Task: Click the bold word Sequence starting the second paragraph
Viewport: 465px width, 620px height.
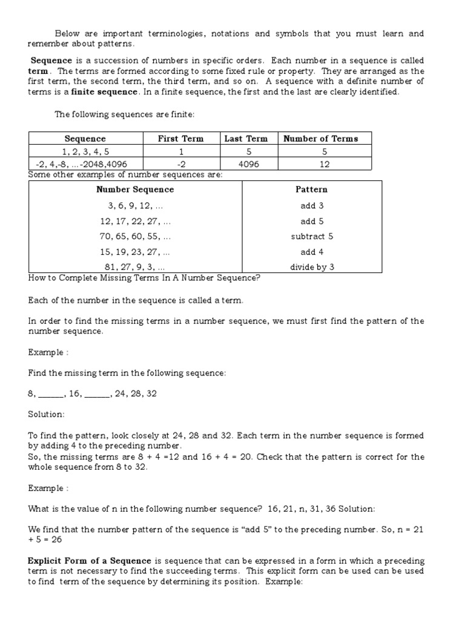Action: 51,61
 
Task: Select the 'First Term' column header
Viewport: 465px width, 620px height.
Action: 180,139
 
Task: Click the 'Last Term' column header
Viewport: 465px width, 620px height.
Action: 246,139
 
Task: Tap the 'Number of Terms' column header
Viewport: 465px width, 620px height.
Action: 321,139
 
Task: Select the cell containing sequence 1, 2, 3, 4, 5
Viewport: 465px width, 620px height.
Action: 85,151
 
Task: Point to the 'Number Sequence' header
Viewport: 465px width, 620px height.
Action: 135,190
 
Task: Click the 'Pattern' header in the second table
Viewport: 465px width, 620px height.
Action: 312,190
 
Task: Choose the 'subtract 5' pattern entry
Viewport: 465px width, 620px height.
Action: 312,237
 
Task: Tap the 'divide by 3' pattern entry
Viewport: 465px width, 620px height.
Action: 312,268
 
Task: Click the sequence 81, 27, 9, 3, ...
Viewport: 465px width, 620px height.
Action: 135,268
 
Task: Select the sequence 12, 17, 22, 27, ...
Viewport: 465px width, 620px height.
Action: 135,221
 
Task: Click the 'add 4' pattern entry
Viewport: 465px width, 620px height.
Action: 312,252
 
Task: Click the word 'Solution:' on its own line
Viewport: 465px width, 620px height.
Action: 45,415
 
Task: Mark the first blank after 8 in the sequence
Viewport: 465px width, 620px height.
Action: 51,394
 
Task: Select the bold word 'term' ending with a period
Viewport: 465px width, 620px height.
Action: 38,71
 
